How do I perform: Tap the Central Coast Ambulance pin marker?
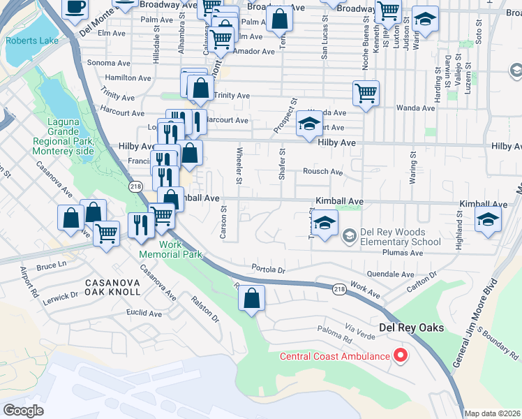[x=400, y=357]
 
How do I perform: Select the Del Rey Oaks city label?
[x=410, y=328]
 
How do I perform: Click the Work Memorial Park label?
[x=180, y=249]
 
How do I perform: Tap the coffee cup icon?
[x=75, y=8]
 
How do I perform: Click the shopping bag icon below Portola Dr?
[x=252, y=299]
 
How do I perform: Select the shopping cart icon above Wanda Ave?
[x=366, y=92]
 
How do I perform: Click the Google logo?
[x=24, y=411]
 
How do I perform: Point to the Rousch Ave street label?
[x=322, y=172]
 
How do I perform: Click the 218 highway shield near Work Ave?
[x=339, y=288]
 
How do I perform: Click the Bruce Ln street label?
[x=50, y=266]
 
